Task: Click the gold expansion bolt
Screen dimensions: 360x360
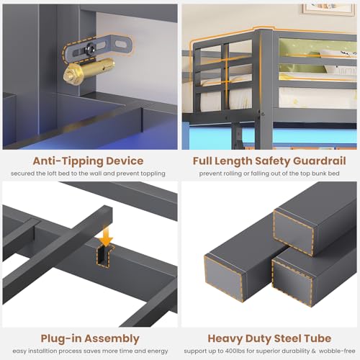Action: (x=89, y=70)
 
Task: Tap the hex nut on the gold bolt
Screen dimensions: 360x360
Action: (x=69, y=74)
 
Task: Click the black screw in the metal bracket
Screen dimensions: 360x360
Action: (x=91, y=48)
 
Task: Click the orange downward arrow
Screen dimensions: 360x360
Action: (x=105, y=236)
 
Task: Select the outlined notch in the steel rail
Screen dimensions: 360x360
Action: (x=104, y=256)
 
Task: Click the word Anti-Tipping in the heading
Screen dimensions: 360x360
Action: (x=68, y=161)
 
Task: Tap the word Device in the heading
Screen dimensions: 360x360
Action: (x=125, y=161)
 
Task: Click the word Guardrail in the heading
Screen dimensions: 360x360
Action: (x=320, y=161)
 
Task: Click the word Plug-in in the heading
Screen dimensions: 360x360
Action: (x=61, y=339)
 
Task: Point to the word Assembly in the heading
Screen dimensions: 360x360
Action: (x=112, y=339)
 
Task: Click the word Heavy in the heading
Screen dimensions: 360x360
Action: (x=225, y=339)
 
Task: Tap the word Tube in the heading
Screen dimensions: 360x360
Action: (x=318, y=338)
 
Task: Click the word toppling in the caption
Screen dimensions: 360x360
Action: (x=153, y=174)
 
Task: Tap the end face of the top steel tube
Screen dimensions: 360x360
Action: (x=294, y=232)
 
